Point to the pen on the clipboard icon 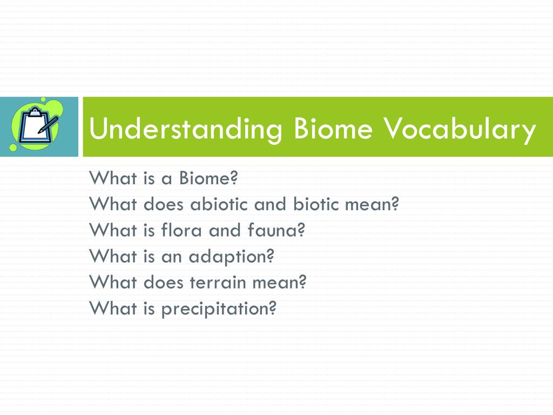[48, 124]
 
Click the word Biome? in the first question [208, 178]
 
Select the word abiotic [220, 204]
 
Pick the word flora [181, 230]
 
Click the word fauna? [276, 230]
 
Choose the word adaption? [232, 257]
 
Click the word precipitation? [219, 309]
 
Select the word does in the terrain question [164, 282]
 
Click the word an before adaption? [171, 257]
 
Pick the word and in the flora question [225, 230]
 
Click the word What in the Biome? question [113, 178]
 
